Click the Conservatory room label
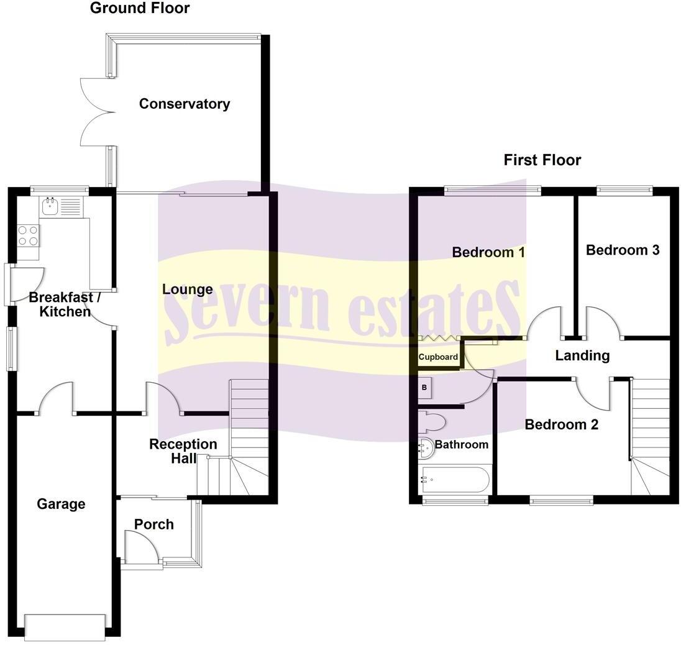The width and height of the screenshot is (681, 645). pyautogui.click(x=185, y=104)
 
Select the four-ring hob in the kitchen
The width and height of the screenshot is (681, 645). pyautogui.click(x=28, y=236)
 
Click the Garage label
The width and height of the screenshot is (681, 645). pyautogui.click(x=61, y=504)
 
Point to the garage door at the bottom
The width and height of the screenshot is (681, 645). pyautogui.click(x=65, y=627)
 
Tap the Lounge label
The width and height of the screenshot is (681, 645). pyautogui.click(x=188, y=290)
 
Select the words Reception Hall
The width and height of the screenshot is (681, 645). pyautogui.click(x=183, y=451)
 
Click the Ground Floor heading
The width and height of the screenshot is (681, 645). pyautogui.click(x=140, y=8)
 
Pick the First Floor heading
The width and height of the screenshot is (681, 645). pyautogui.click(x=542, y=160)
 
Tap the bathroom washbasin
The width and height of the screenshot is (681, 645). pyautogui.click(x=426, y=448)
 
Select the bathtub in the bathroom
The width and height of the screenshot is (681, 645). pyautogui.click(x=455, y=480)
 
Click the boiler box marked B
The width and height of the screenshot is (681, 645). pyautogui.click(x=424, y=388)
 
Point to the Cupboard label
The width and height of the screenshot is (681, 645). pyautogui.click(x=438, y=357)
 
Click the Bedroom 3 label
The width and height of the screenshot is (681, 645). pyautogui.click(x=623, y=250)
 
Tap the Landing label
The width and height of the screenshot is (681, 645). pyautogui.click(x=582, y=355)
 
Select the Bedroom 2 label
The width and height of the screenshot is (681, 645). pyautogui.click(x=562, y=424)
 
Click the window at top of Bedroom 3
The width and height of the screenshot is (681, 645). pyautogui.click(x=624, y=190)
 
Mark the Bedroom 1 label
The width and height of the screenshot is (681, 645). pyautogui.click(x=488, y=252)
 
